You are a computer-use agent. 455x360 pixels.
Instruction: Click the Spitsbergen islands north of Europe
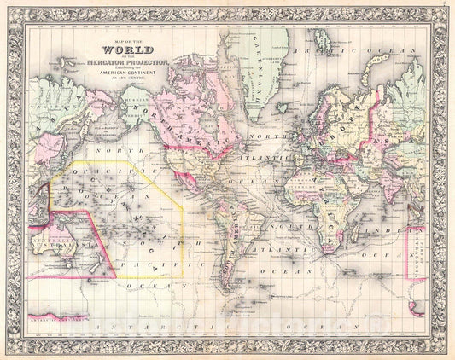(x=318, y=43)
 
